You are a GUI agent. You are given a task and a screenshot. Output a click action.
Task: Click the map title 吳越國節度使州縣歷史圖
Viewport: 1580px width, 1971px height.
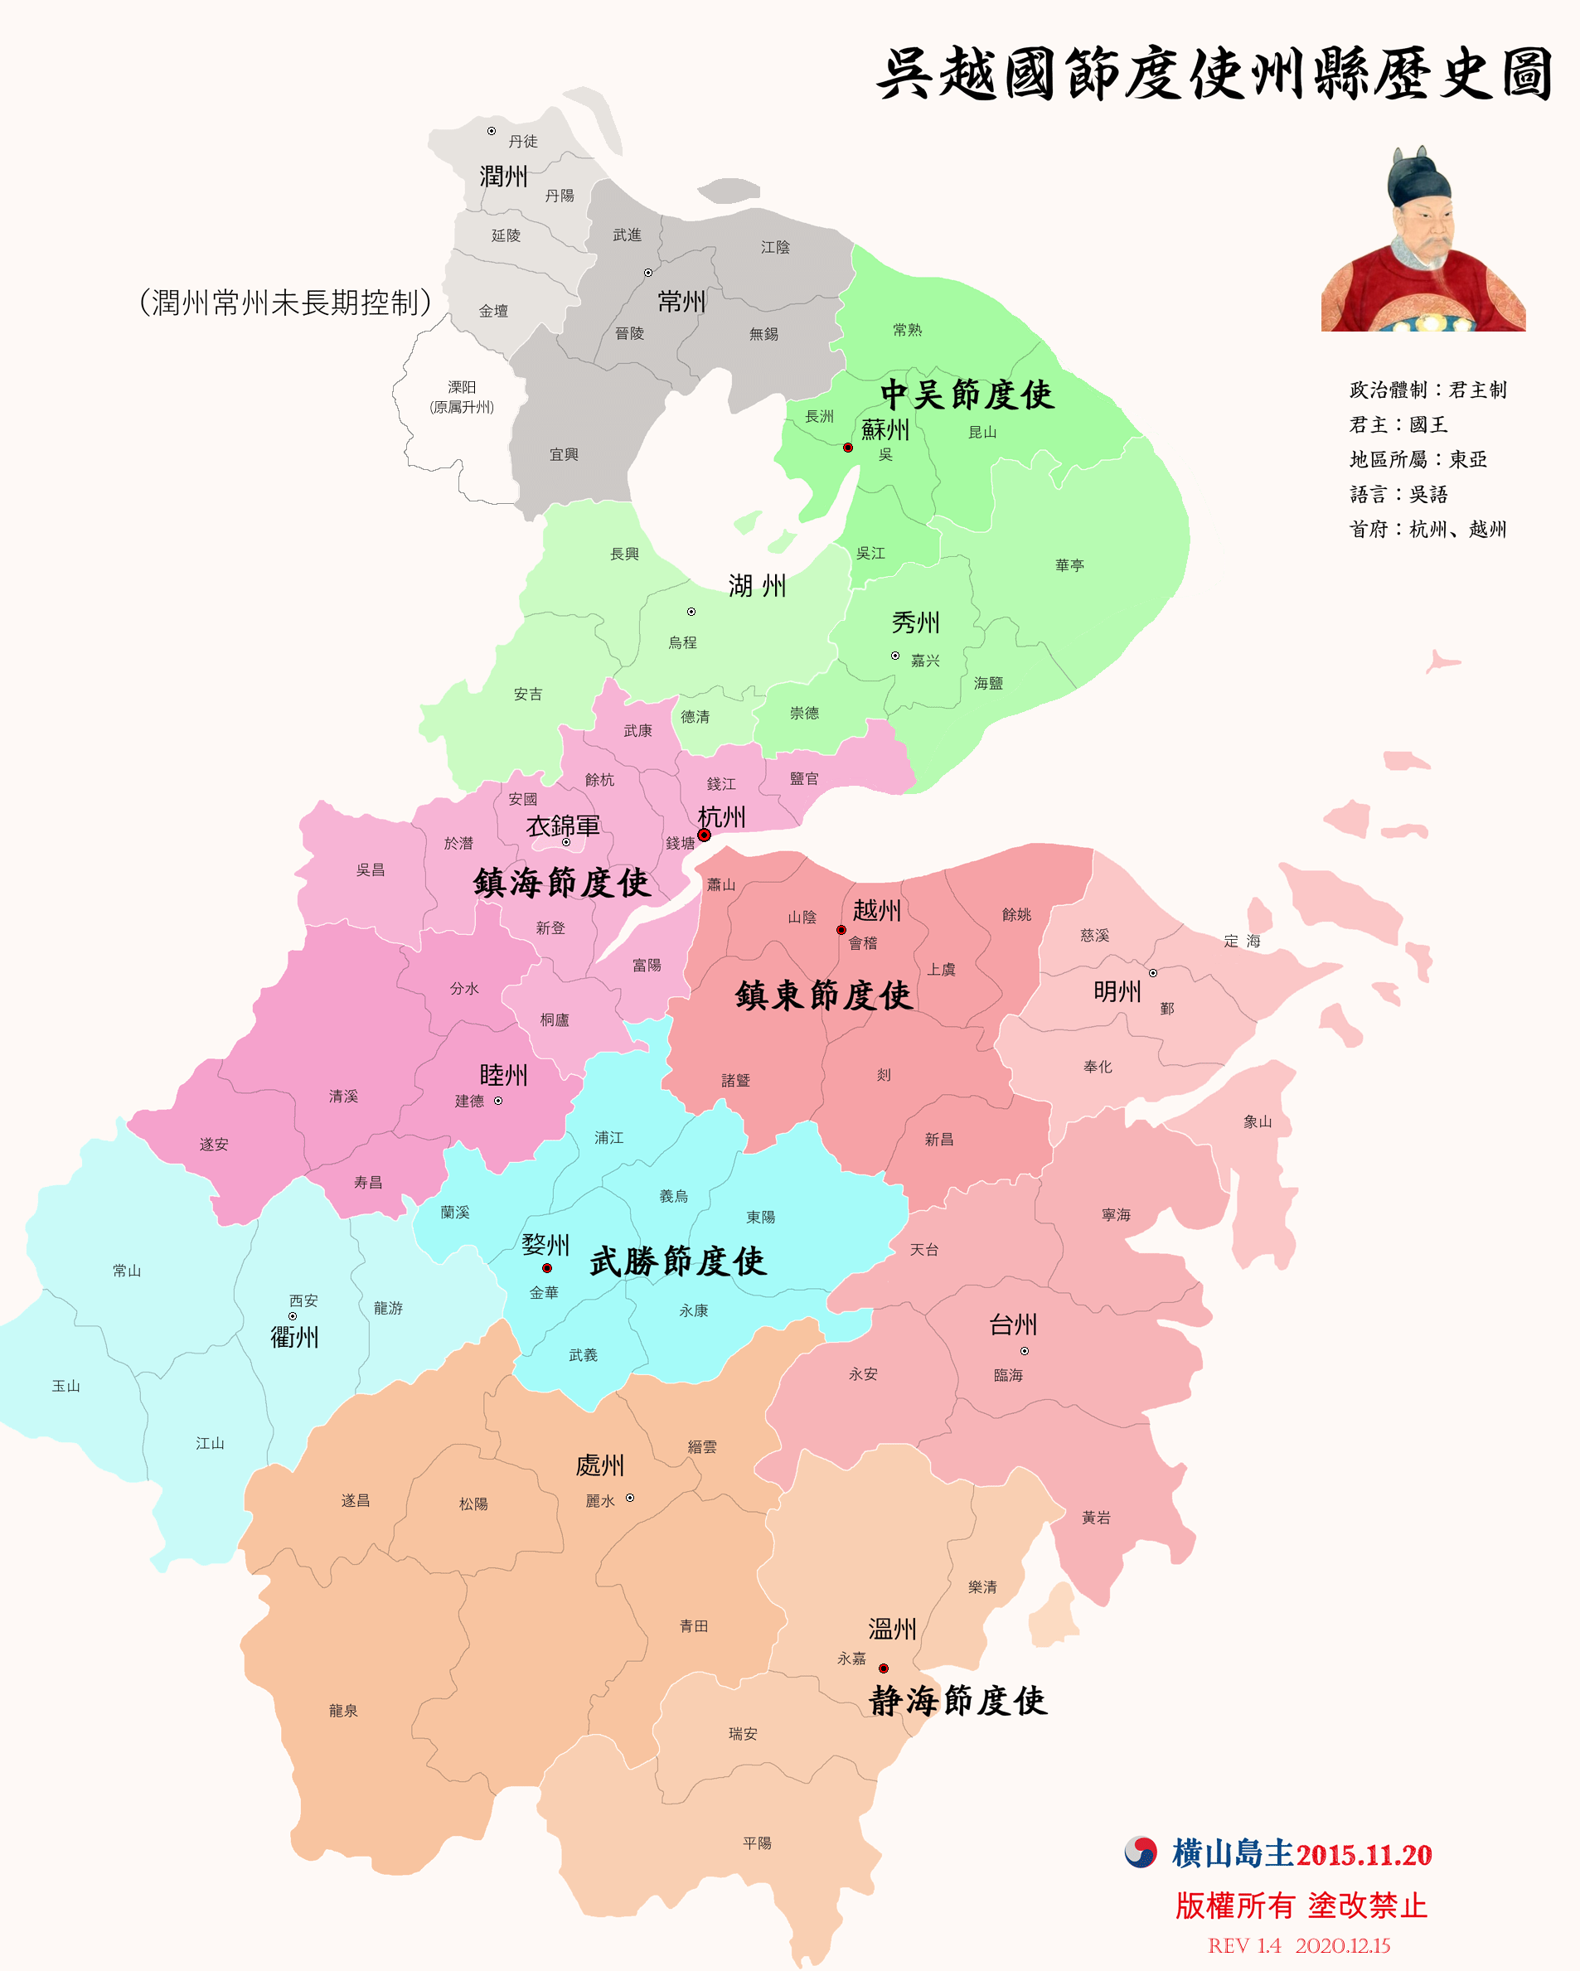tap(1214, 74)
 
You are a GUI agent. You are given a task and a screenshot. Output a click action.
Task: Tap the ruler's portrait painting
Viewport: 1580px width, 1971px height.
tap(1422, 240)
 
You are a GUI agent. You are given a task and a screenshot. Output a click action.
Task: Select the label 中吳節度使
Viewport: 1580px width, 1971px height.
tap(967, 395)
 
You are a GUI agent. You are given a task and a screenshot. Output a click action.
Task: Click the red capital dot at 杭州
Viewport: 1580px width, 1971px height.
tap(704, 835)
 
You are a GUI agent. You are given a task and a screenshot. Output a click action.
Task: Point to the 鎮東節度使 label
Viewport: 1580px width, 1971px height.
tap(823, 995)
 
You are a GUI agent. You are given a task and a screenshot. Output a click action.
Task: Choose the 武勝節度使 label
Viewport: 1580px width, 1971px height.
tap(677, 1262)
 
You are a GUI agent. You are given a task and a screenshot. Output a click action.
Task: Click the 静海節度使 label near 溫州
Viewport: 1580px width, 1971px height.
tap(957, 1701)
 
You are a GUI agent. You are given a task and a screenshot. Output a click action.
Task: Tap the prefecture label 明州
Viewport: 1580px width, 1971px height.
tap(1117, 991)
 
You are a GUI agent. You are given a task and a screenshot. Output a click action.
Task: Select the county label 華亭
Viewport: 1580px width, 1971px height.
tap(1069, 565)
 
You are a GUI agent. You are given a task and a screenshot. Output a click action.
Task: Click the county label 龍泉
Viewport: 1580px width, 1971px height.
tap(343, 1711)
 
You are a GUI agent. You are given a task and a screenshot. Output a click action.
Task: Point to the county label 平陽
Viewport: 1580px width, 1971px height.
tap(757, 1843)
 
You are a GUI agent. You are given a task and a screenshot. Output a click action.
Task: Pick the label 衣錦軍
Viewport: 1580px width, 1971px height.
tap(562, 826)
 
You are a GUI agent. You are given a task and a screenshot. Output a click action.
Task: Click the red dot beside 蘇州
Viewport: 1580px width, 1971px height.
tap(847, 447)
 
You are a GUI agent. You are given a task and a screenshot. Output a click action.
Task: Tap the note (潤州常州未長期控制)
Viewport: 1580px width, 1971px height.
tap(284, 302)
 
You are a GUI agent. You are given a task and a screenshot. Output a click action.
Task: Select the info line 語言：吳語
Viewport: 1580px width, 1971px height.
tap(1398, 495)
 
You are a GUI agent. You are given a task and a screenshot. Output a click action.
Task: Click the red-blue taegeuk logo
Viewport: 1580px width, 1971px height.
tap(1140, 1852)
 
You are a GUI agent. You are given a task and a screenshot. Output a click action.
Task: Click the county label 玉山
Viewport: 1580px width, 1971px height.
tap(65, 1386)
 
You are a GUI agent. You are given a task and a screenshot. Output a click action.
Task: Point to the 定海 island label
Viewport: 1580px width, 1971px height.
tap(1242, 941)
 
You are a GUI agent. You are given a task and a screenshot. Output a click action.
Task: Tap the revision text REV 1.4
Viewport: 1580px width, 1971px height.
tap(1243, 1945)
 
